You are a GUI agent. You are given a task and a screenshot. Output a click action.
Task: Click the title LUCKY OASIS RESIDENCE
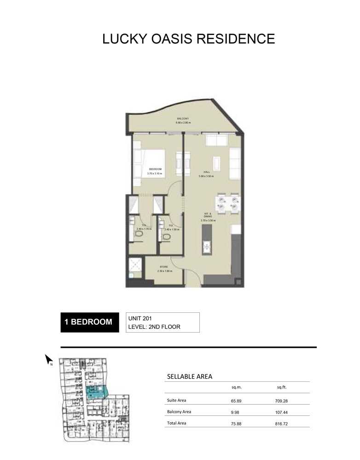(188, 38)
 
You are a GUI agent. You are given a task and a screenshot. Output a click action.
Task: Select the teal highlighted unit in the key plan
(96, 391)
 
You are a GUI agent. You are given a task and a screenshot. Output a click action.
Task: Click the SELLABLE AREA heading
(189, 377)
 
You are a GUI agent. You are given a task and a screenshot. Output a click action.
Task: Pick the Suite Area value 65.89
(236, 400)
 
